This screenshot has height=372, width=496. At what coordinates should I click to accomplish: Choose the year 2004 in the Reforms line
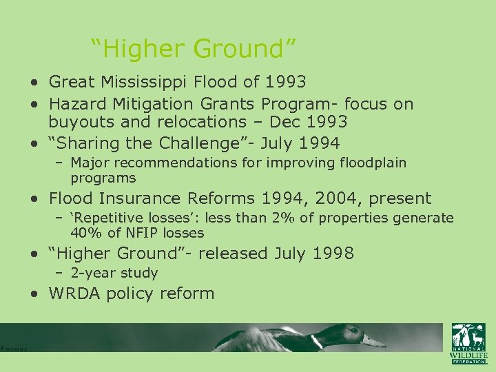click(x=340, y=199)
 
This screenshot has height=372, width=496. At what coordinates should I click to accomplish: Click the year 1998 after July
click(x=333, y=254)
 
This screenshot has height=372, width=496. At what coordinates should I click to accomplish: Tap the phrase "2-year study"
click(x=114, y=273)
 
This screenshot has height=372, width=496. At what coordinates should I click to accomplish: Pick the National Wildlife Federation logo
click(x=468, y=343)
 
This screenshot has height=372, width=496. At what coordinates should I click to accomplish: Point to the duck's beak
click(x=374, y=340)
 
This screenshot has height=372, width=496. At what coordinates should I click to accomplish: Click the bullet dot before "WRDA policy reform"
click(x=34, y=294)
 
